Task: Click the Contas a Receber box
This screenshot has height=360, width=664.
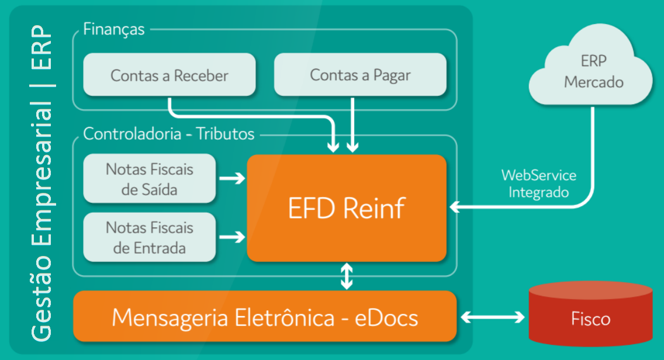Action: coord(170,75)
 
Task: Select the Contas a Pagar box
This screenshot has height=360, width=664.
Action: coord(360,75)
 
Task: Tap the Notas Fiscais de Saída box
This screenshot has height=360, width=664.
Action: coord(150,179)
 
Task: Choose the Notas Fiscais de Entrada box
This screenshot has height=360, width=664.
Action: coord(150,237)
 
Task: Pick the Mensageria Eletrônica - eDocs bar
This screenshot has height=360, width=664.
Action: coord(264,317)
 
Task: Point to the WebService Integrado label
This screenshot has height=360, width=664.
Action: coord(538,184)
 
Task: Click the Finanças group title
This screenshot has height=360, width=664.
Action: coord(114,29)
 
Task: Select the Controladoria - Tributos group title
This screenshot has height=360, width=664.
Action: coord(169,134)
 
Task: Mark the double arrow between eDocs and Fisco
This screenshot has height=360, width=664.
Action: coord(493,317)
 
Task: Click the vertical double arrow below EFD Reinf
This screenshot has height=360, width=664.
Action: coord(347,276)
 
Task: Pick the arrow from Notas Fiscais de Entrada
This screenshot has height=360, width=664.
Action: coord(231,237)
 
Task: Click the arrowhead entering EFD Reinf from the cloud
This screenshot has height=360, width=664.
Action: coord(455,206)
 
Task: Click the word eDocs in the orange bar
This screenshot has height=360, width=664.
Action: coord(388,317)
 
